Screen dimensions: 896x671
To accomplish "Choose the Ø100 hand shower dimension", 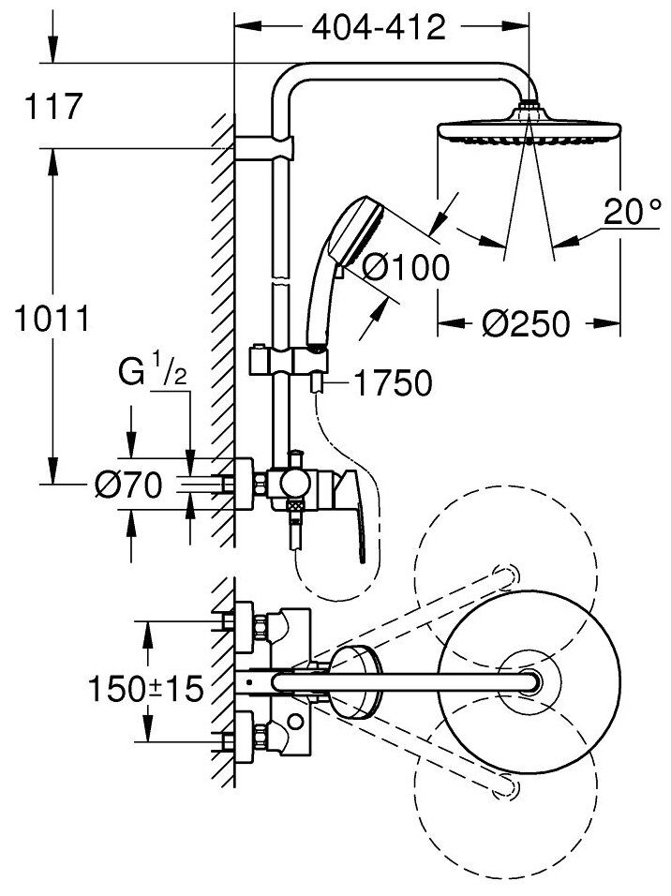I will point(405,269).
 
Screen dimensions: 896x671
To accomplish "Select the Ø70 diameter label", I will point(129,485).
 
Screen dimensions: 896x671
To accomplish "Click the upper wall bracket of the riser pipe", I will point(263,147).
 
